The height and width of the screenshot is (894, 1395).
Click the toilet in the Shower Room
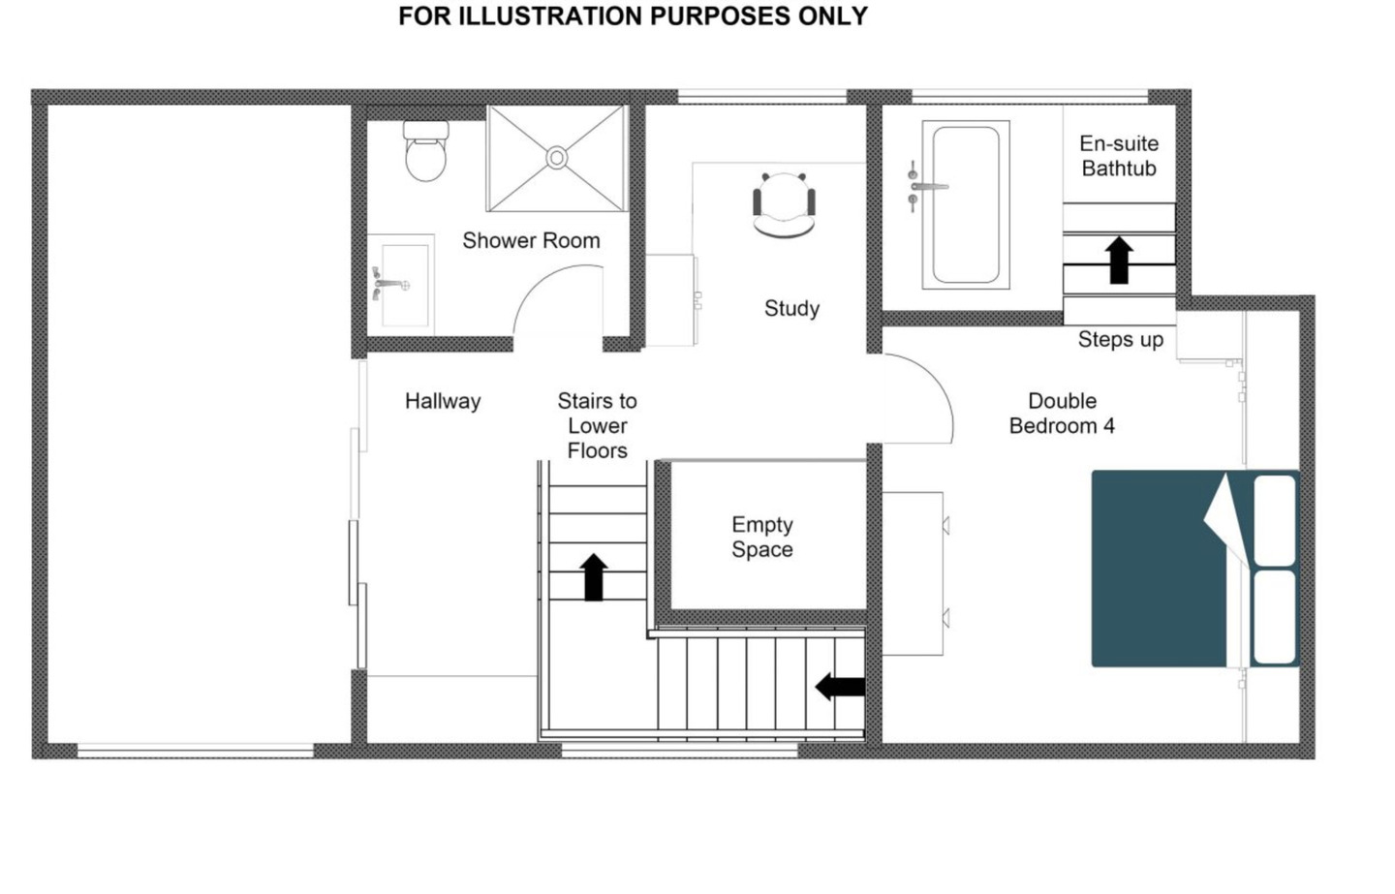(x=426, y=151)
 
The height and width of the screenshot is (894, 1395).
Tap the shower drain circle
(x=557, y=158)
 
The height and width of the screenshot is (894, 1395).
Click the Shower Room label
(x=531, y=240)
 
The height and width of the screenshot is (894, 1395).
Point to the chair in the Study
(x=784, y=204)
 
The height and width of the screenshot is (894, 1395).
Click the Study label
(x=791, y=308)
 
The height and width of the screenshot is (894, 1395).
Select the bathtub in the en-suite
(x=966, y=204)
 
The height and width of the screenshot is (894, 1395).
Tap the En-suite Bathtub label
(x=1119, y=156)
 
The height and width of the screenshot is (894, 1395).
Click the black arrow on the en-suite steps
(x=1119, y=261)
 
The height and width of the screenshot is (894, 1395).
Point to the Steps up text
(x=1121, y=339)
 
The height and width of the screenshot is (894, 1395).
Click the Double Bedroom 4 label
(x=1062, y=413)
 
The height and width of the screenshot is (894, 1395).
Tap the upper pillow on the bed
(x=1274, y=521)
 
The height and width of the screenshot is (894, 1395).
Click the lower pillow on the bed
(x=1274, y=617)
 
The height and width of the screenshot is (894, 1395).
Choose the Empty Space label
(x=762, y=537)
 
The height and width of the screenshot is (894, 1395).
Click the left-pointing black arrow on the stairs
(x=840, y=687)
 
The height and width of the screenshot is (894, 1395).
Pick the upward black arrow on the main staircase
(x=594, y=577)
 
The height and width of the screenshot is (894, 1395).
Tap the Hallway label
(x=443, y=401)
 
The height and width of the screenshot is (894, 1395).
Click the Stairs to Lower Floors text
(x=597, y=425)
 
